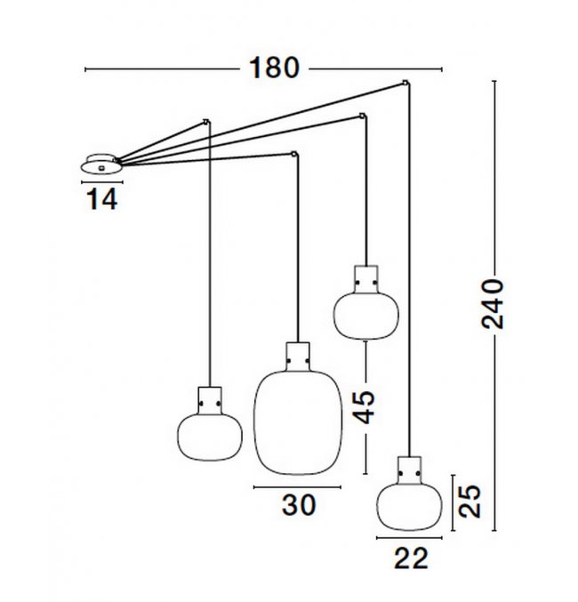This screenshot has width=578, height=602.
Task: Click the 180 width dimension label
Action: [274, 68]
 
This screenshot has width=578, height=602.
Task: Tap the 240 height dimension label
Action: [493, 304]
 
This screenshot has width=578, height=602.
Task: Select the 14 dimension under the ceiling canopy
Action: [102, 200]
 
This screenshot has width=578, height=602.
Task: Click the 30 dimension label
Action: [299, 505]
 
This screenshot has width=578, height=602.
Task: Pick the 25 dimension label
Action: [470, 502]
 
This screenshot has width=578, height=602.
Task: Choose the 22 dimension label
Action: [411, 558]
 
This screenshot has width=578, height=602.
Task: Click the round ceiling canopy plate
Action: [101, 165]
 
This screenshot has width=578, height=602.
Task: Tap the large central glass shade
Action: [298, 422]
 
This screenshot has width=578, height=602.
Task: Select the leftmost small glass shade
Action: [210, 437]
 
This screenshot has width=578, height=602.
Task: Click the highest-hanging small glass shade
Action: [366, 316]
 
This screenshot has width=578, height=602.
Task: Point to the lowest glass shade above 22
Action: [409, 507]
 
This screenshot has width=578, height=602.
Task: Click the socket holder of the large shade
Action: [298, 357]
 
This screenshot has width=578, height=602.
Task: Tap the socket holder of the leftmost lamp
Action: [210, 400]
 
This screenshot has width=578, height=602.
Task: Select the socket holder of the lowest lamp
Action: [409, 470]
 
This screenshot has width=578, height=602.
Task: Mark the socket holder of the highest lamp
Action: [366, 279]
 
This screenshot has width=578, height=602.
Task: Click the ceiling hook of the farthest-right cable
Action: [405, 82]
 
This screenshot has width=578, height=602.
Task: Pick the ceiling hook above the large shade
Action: [294, 155]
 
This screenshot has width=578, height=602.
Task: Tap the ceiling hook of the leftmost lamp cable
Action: [206, 122]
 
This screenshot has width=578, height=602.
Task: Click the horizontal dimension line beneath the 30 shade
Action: [297, 487]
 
